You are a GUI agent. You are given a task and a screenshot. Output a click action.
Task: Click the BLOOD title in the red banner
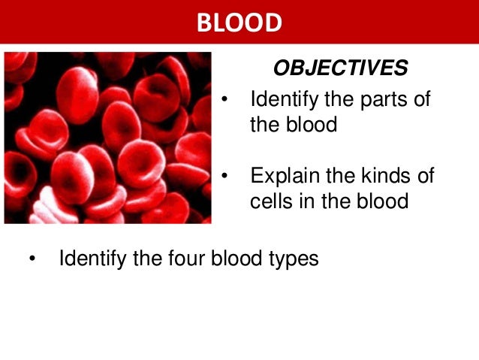pyautogui.click(x=239, y=23)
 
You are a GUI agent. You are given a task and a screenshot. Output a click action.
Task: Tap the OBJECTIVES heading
pyautogui.click(x=340, y=68)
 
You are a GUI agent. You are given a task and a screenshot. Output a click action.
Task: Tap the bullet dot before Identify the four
pyautogui.click(x=32, y=260)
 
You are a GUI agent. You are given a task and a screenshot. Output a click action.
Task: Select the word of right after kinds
pyautogui.click(x=424, y=177)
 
